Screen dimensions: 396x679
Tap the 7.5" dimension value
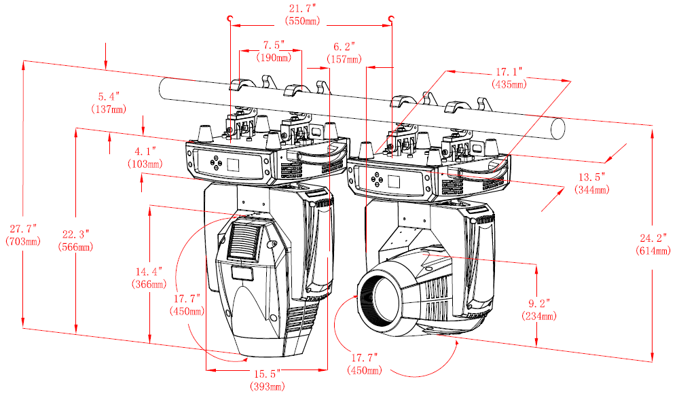tap(274, 46)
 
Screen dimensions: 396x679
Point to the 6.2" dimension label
tap(344, 47)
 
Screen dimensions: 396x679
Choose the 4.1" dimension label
tap(145, 151)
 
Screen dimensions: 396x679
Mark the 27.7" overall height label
tap(22, 228)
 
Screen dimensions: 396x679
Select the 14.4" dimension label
tap(149, 271)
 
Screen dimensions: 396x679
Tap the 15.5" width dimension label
tap(265, 374)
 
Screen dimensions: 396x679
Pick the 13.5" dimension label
tap(591, 177)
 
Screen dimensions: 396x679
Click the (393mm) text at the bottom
tap(265, 386)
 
